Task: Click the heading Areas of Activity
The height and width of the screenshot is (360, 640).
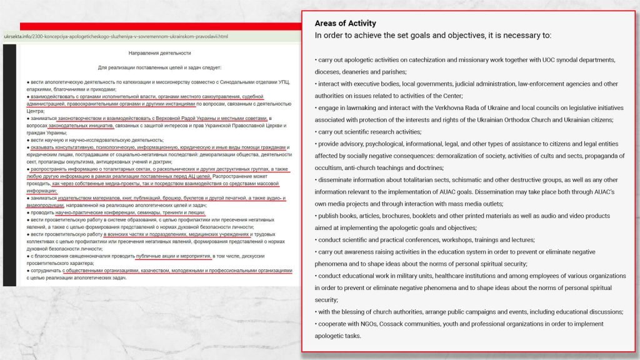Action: [346, 24]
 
